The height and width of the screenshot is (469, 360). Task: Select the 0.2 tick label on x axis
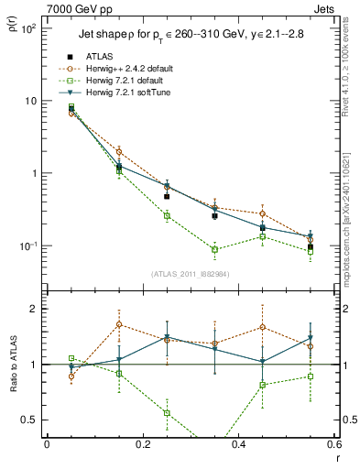click(x=142, y=445)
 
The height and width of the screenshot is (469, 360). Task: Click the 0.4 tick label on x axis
click(x=238, y=445)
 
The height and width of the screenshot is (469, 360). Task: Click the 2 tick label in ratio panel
click(x=33, y=309)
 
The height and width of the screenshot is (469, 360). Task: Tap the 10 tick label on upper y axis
click(x=29, y=101)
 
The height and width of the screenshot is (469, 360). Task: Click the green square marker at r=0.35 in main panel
click(x=214, y=249)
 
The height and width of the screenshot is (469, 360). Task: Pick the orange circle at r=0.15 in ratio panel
click(x=119, y=324)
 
